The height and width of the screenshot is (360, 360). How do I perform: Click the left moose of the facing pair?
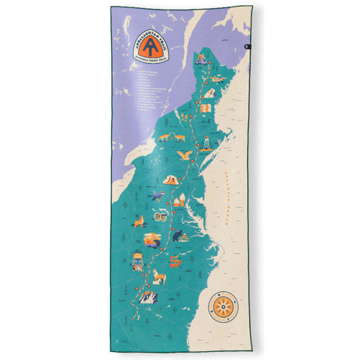click(x=164, y=137)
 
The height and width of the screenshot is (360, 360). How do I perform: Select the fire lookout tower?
click(x=207, y=142)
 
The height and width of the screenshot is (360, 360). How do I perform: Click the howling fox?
click(x=138, y=220)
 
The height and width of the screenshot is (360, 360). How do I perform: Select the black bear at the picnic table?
click(x=178, y=235)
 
